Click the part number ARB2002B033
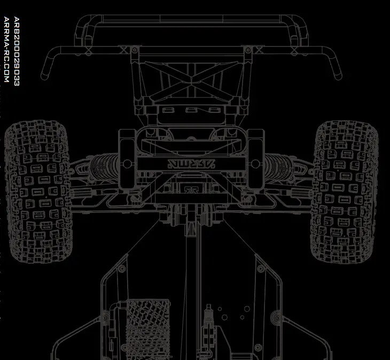point(17,51)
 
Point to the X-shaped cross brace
point(191,80)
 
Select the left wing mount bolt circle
point(134,50)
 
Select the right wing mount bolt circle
point(247,50)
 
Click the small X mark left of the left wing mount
point(124,50)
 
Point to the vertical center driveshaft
point(195,284)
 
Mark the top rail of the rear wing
point(191,18)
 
